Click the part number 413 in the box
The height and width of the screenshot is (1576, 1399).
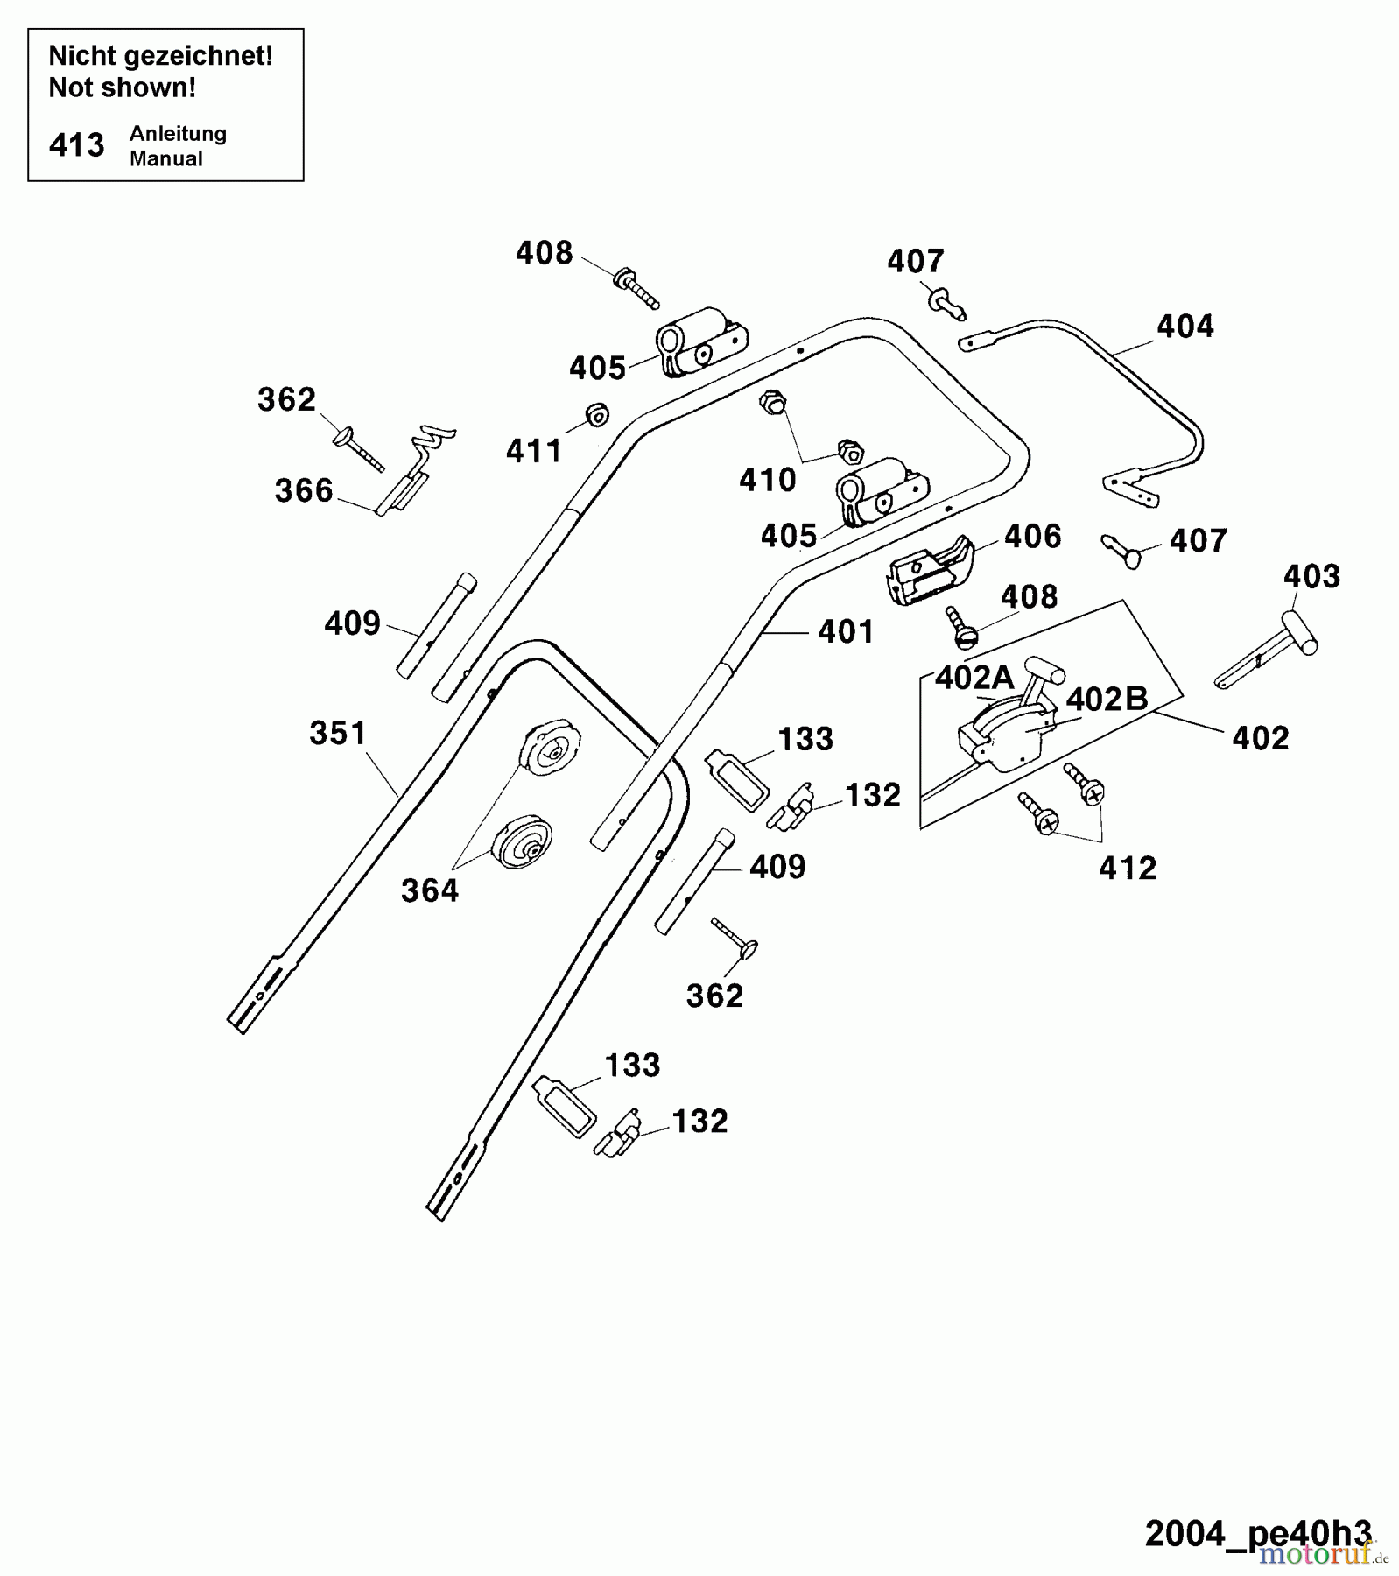[x=77, y=145]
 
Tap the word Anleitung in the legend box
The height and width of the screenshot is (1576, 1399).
[x=178, y=134]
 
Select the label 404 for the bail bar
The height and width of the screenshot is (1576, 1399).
[x=1185, y=327]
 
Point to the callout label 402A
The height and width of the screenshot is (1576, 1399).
[x=974, y=678]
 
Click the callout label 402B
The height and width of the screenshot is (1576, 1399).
[x=1107, y=699]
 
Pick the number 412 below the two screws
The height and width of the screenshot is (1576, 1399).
[x=1128, y=868]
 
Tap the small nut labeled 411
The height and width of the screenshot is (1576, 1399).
[x=598, y=414]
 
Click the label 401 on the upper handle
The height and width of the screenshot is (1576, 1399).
[x=846, y=632]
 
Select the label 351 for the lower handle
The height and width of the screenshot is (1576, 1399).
[x=338, y=733]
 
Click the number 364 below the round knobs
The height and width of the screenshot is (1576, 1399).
[x=429, y=890]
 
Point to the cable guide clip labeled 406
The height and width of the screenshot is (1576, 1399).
[x=930, y=570]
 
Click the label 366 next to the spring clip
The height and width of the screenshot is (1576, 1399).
[x=304, y=490]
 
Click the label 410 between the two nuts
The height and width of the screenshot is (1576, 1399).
[x=767, y=480]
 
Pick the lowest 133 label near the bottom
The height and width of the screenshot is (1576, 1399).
[x=632, y=1066]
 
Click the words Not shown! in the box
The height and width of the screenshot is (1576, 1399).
[x=122, y=88]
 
